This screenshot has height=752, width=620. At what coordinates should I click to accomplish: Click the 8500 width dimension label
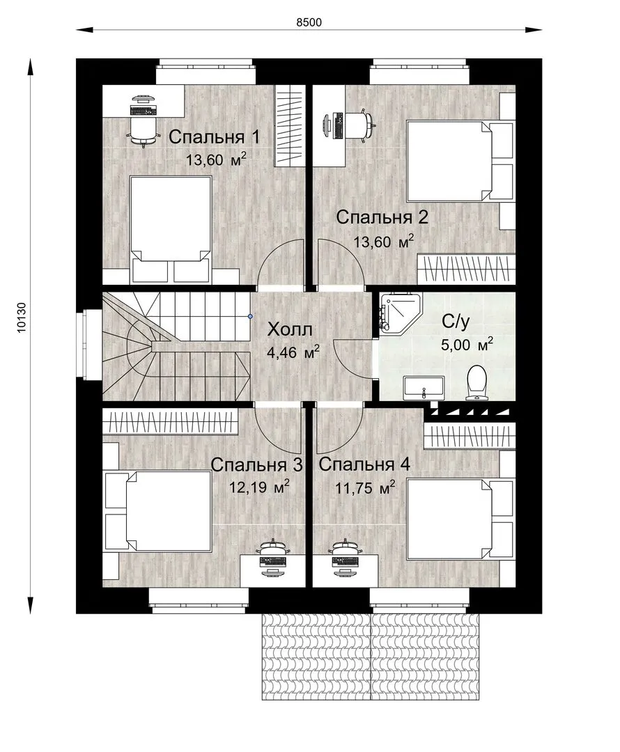coord(309,22)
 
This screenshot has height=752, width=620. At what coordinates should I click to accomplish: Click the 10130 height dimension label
coord(22,318)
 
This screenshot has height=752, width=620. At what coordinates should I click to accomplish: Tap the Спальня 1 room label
coord(214,137)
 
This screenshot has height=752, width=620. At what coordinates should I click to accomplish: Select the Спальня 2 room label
coord(382,217)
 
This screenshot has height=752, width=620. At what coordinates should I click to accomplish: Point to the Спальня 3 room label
coord(257,464)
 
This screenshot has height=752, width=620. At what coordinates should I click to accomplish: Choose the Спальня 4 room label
coord(364,464)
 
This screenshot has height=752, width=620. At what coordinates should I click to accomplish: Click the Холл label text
coord(289,329)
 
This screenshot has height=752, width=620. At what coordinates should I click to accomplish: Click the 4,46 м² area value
coord(293,352)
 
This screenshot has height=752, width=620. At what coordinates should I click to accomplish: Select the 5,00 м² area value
coord(467,344)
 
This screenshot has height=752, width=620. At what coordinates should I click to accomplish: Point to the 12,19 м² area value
coord(259,487)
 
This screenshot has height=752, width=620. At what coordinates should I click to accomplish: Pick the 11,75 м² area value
coord(365,487)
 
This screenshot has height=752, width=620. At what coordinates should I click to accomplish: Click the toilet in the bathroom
coord(476,382)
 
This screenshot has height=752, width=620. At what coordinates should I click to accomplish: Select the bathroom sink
coord(424,388)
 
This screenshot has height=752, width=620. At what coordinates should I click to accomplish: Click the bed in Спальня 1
coord(171,229)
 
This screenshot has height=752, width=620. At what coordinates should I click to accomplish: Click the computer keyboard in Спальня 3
coord(273,562)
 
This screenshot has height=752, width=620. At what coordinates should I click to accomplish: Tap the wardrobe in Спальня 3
coord(171,421)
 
